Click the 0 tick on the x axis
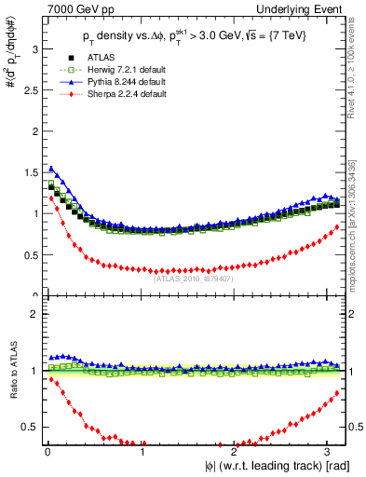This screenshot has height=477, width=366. coord(47,450)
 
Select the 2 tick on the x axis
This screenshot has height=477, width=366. coord(237,450)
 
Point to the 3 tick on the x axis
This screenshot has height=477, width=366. coord(332,450)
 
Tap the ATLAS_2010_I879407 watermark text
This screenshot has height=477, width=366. coord(193,277)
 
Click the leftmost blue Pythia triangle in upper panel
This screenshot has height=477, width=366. coord(51,169)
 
